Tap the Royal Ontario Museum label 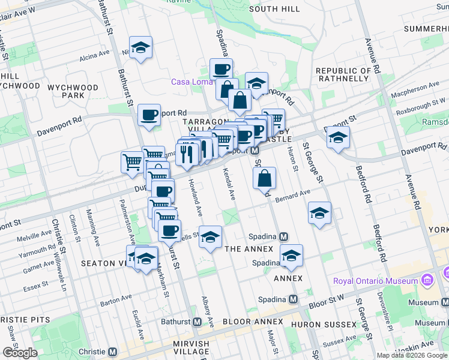(x=376, y=281)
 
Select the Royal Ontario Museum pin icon (x=427, y=280)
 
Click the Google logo (x=20, y=353)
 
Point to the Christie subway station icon (x=113, y=352)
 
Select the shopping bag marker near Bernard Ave (x=264, y=178)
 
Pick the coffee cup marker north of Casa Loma (x=221, y=70)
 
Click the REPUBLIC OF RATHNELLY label (x=343, y=74)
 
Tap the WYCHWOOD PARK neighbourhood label (x=73, y=91)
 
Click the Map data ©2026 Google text (x=412, y=355)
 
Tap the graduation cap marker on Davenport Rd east (x=338, y=137)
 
